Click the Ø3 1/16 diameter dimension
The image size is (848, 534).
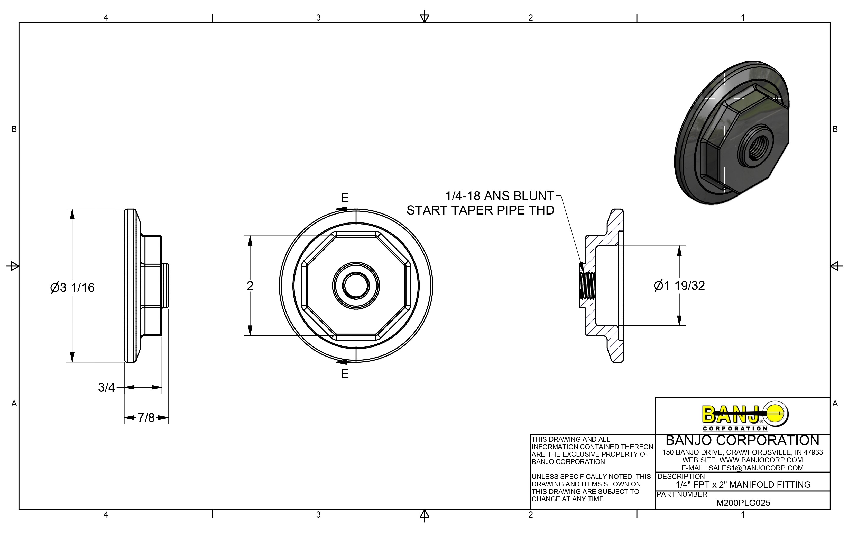[72, 288]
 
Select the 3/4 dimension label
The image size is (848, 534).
[106, 387]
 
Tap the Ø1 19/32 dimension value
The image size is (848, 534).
[679, 286]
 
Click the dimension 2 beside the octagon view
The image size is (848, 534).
[250, 286]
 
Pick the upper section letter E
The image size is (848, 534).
[345, 198]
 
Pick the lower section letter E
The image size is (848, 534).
[345, 374]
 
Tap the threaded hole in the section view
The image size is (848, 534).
[588, 286]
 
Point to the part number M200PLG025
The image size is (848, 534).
[743, 503]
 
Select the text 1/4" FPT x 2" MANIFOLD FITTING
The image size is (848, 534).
[743, 485]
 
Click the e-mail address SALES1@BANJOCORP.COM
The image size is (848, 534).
[742, 468]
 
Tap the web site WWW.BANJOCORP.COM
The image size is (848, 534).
[742, 460]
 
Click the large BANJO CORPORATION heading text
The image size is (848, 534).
[742, 441]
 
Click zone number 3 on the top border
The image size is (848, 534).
[318, 18]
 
